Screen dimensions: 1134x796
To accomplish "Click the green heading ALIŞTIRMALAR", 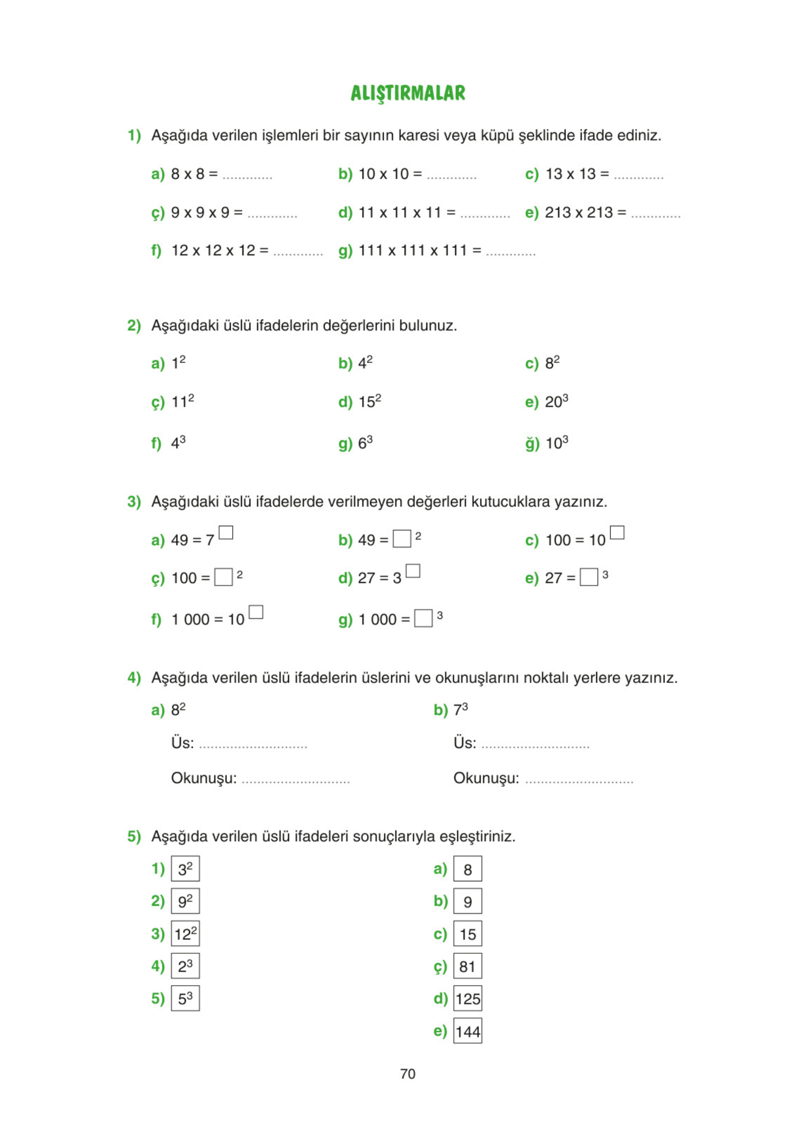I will coord(408,93).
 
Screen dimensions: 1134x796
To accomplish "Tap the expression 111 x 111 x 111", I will coord(413,250).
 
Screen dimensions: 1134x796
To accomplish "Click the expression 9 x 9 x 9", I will coord(200,212).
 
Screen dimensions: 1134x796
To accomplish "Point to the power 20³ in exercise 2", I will coord(556,401).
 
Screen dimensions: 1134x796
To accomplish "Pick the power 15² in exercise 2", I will coord(370,401).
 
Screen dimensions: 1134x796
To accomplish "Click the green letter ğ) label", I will coord(532,443).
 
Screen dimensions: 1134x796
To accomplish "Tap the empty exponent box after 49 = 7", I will coord(226,532).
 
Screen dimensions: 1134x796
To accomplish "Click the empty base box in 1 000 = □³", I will coord(423,618).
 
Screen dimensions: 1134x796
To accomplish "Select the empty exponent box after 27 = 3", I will coord(413,571).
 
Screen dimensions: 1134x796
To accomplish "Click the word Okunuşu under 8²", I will coord(204,778).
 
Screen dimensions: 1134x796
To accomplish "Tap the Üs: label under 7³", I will coord(465,743).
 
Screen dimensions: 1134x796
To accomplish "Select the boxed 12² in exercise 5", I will coord(185,933).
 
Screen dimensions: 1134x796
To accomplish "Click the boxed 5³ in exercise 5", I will coord(185,999).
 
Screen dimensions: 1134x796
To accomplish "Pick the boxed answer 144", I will coord(467,1031).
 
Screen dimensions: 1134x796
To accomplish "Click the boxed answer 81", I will coord(467,966).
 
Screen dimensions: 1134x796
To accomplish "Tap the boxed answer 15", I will coord(467,934).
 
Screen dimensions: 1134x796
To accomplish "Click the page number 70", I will coord(408,1074).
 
